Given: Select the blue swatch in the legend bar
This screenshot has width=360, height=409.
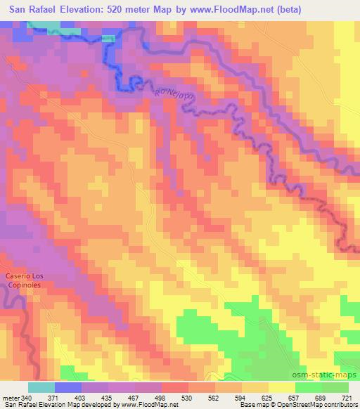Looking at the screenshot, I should (68, 387).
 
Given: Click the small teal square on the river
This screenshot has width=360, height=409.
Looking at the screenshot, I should (108, 39).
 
